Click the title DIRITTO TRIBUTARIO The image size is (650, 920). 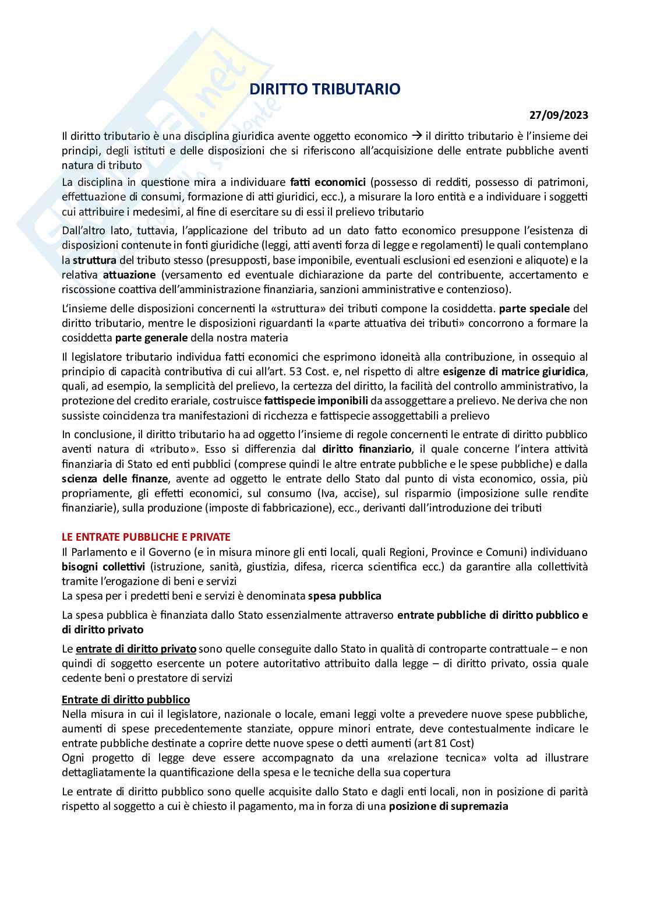[325, 89]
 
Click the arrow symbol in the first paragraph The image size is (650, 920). [416, 136]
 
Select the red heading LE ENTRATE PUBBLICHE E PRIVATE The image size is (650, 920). [146, 537]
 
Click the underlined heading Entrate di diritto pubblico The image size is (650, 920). [126, 699]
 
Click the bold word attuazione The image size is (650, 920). [129, 274]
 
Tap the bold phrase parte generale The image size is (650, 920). [151, 337]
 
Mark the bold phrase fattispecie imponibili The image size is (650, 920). [316, 401]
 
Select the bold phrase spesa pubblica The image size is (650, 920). [345, 595]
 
